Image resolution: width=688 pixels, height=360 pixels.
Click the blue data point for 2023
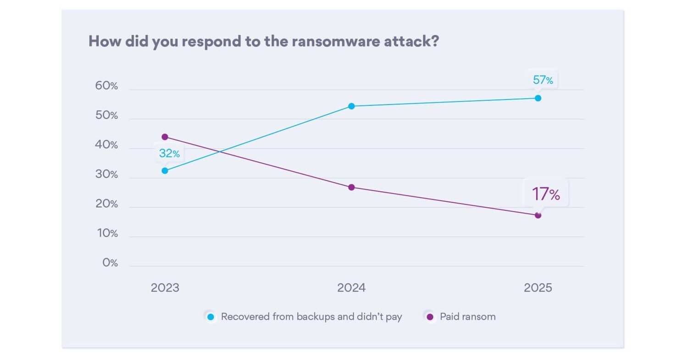tap(165, 171)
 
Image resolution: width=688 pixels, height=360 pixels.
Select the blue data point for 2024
tap(351, 106)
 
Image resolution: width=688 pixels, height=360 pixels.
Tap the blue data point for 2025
tap(538, 98)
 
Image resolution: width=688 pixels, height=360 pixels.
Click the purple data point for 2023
tap(165, 137)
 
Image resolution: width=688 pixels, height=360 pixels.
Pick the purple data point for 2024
tap(351, 187)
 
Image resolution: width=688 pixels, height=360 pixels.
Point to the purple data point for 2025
tap(538, 215)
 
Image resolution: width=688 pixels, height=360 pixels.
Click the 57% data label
tap(543, 80)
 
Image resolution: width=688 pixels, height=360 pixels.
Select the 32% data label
tap(169, 154)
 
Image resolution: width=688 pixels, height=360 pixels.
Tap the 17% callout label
tap(546, 194)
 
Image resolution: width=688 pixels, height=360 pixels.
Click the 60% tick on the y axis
tap(106, 86)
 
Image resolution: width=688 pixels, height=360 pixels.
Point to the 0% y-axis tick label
tap(110, 263)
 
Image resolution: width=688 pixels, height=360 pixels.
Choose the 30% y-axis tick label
tap(106, 175)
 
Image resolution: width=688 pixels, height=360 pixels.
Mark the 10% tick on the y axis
tap(107, 233)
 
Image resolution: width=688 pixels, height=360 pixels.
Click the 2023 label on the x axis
tap(165, 288)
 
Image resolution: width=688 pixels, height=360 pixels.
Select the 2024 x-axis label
tap(351, 288)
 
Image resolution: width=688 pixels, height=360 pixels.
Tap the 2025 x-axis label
tap(538, 288)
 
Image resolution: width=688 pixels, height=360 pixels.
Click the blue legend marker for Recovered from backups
tap(211, 317)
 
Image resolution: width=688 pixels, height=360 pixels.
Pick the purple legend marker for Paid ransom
tap(430, 317)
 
